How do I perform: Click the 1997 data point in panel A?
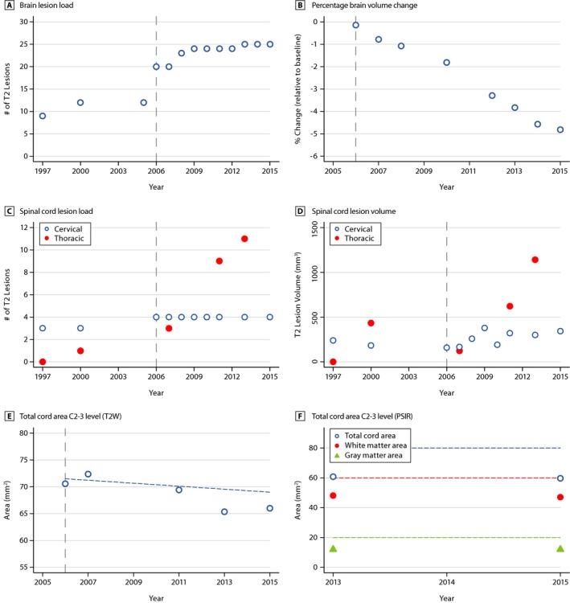point(43,116)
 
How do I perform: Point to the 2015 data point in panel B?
point(560,129)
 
